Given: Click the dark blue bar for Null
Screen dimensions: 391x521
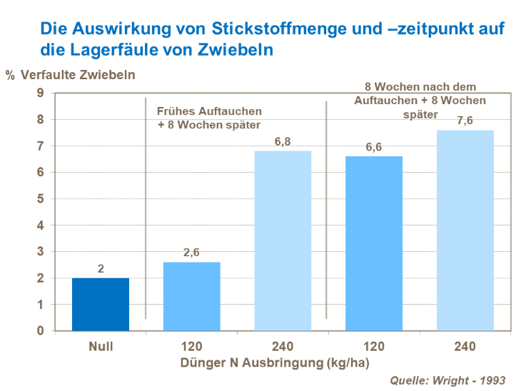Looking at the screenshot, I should pyautogui.click(x=101, y=304).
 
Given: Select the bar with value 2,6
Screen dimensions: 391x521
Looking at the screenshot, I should pyautogui.click(x=192, y=296).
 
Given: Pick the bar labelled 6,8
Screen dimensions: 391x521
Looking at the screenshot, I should pyautogui.click(x=283, y=240).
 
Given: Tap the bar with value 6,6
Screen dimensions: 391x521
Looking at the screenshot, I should pyautogui.click(x=374, y=243).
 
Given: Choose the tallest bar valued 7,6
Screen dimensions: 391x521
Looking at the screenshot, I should pyautogui.click(x=465, y=230).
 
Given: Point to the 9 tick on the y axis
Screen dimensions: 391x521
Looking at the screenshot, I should pyautogui.click(x=40, y=93).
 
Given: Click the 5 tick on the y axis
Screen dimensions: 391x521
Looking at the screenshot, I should pyautogui.click(x=40, y=198).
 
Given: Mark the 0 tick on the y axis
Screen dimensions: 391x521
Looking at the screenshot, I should pyautogui.click(x=40, y=331).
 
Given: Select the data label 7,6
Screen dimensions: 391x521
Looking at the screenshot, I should pyautogui.click(x=465, y=121).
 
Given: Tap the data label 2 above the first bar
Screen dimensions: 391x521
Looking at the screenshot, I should pyautogui.click(x=101, y=268).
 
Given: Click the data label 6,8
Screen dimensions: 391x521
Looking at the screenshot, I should pyautogui.click(x=283, y=141).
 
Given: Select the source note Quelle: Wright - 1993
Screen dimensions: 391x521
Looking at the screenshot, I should pyautogui.click(x=449, y=380).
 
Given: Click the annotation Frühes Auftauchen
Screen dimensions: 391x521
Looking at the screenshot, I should pyautogui.click(x=209, y=111).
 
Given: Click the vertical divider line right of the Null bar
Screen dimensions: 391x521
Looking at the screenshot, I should pyautogui.click(x=146, y=207).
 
